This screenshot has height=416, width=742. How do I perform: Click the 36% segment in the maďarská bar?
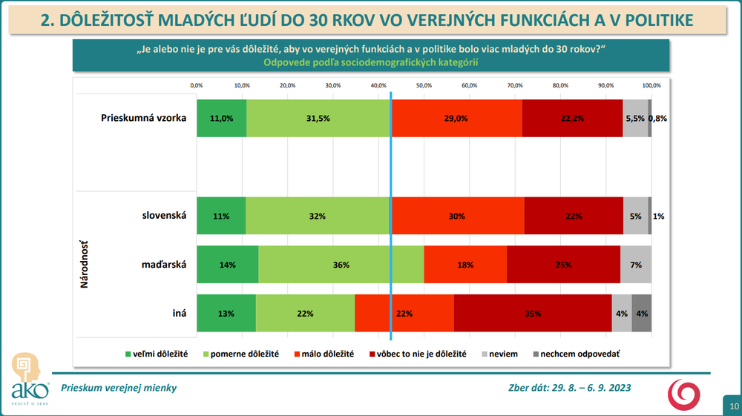tap(341, 265)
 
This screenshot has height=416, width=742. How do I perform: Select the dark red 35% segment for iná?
tap(532, 313)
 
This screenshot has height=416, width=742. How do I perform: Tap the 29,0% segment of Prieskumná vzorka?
tap(456, 118)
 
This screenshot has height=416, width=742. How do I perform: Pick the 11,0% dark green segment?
tap(221, 118)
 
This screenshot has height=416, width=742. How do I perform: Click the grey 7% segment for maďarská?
tap(636, 265)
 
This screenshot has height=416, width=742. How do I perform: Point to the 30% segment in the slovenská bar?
tap(457, 217)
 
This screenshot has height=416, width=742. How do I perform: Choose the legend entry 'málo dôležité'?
tap(327, 354)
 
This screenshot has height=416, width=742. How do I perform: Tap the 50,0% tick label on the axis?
tap(424, 85)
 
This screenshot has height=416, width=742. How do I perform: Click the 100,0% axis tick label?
tap(651, 85)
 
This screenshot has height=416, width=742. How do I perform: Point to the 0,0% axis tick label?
tap(197, 85)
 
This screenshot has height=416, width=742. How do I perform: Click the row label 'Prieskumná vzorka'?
tap(143, 118)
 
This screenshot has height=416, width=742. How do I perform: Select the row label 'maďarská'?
tap(163, 265)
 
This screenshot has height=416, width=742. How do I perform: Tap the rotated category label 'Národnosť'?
tap(85, 265)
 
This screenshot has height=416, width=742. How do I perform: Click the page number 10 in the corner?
tap(734, 406)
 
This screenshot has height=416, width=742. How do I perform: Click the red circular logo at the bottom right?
tap(684, 394)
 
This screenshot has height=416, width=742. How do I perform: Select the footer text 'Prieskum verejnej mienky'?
tap(119, 388)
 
